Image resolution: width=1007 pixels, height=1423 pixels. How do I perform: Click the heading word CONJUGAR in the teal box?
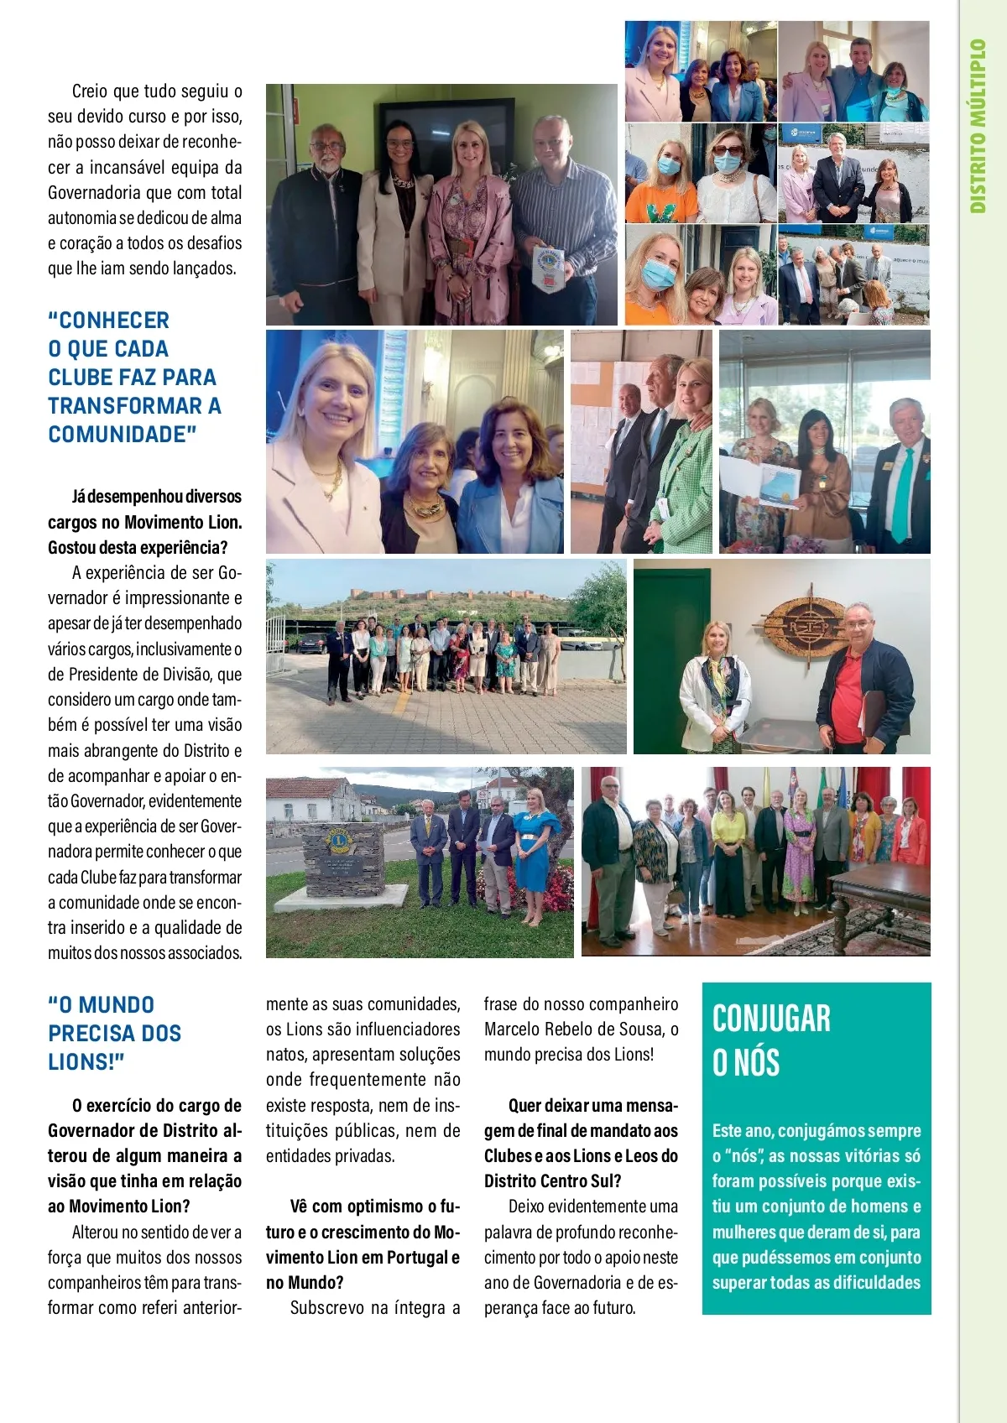pyautogui.click(x=771, y=1019)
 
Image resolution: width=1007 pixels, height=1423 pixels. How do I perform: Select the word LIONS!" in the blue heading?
pyautogui.click(x=86, y=1062)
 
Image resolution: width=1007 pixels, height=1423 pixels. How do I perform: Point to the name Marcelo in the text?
pyautogui.click(x=513, y=1029)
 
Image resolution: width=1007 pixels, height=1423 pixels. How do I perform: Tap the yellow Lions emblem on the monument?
pyautogui.click(x=339, y=842)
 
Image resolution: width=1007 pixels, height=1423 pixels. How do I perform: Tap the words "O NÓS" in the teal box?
pyautogui.click(x=746, y=1062)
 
